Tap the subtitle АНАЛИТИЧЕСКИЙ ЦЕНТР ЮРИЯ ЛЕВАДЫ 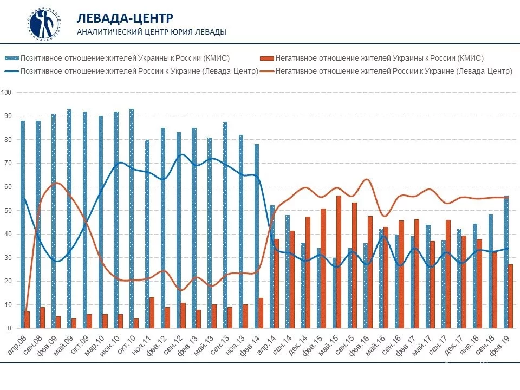click(152, 32)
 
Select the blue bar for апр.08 click(22, 224)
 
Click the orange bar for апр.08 click(28, 320)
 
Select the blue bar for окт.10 click(132, 218)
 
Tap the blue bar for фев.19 click(506, 262)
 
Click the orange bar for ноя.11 click(152, 313)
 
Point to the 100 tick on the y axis click(6, 93)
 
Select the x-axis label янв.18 click(469, 344)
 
